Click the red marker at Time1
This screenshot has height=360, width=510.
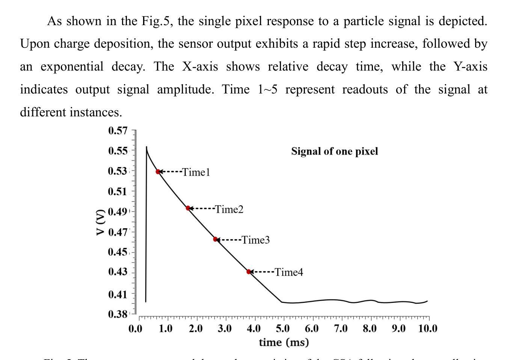coord(158,172)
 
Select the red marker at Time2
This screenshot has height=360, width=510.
coord(188,208)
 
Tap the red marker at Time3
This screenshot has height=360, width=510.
coord(215,239)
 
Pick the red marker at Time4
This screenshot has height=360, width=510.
coord(249,271)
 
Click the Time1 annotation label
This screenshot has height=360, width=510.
coord(196,172)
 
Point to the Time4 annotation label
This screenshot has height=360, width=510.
coord(289,272)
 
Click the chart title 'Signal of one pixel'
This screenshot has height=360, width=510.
coord(335,151)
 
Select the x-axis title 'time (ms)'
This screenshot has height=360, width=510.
coord(284,342)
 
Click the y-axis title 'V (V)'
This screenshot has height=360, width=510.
coord(100,222)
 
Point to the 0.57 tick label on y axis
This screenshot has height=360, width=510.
coord(118,131)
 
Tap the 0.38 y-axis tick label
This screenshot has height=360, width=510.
coord(118,314)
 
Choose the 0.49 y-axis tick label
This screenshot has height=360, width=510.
coord(118,212)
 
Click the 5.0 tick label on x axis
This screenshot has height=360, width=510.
coord(283,329)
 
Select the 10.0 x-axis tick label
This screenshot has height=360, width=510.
coord(427,329)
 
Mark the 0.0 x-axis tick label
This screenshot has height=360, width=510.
coord(136,329)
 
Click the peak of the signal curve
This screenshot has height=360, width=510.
coord(146,147)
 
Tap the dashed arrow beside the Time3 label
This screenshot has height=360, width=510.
coord(229,239)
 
